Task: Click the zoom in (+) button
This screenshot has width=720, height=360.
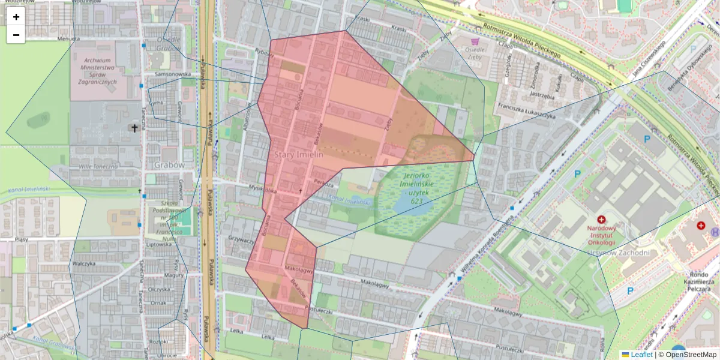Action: point(16,17)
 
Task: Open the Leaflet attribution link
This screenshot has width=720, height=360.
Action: point(641,355)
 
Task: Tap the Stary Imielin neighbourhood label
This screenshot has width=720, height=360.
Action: point(299,154)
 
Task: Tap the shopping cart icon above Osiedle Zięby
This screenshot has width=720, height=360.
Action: point(475,41)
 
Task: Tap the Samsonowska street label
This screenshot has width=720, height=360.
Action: point(172,74)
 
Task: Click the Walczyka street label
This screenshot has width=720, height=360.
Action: point(85,263)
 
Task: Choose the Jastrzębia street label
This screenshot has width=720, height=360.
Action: point(541,95)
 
